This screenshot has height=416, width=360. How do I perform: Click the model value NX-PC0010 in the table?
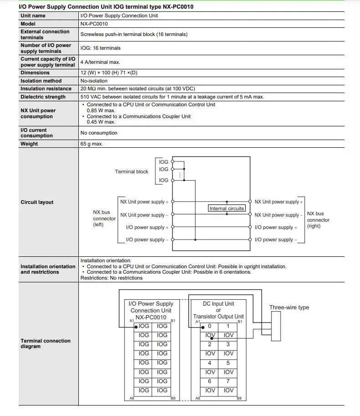(x=94, y=24)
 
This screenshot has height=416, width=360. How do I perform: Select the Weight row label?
(x=29, y=144)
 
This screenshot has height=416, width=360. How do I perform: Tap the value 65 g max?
(x=92, y=144)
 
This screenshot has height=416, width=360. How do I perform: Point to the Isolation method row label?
(x=41, y=81)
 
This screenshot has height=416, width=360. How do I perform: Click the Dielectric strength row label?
(x=43, y=97)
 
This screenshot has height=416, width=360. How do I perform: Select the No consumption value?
(x=99, y=133)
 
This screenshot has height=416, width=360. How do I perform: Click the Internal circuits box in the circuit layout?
(x=226, y=208)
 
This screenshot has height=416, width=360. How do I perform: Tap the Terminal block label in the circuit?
(x=131, y=172)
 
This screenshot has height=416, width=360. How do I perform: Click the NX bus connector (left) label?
(x=104, y=218)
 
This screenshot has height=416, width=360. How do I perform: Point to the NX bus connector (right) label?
(x=318, y=219)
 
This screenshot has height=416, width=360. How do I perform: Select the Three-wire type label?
(x=289, y=307)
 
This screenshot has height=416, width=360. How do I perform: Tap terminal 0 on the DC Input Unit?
(x=210, y=326)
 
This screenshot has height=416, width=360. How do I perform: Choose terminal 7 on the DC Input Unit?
(x=229, y=381)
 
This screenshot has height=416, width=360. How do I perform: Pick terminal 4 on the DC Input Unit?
(x=210, y=363)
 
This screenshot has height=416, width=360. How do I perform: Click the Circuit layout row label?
(x=37, y=202)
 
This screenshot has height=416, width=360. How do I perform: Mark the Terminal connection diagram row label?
(x=46, y=343)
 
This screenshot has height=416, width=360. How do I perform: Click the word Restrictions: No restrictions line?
(x=111, y=278)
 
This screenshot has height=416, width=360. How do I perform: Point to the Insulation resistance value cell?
(x=138, y=88)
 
